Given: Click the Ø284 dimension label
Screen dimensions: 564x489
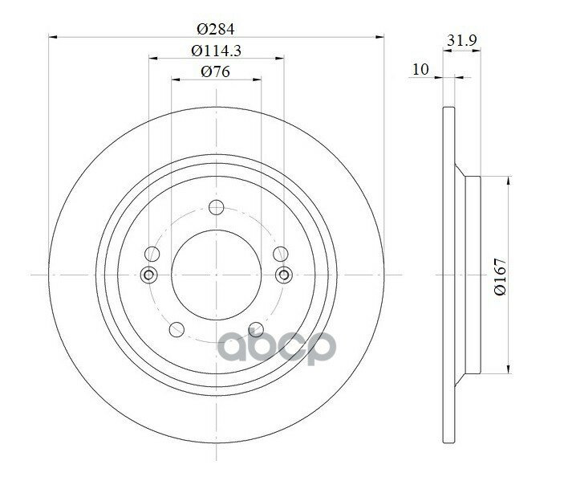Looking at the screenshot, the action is click(x=216, y=29).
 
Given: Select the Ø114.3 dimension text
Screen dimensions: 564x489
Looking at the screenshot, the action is click(x=216, y=51).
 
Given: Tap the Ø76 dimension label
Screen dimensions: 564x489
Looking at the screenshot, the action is click(x=216, y=71).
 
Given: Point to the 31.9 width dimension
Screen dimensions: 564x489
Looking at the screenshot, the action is click(x=462, y=40).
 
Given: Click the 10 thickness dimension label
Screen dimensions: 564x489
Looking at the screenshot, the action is click(x=420, y=69).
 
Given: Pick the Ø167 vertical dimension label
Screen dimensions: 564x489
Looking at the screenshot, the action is click(x=501, y=276).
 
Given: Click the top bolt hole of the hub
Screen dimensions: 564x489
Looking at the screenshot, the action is click(x=217, y=207).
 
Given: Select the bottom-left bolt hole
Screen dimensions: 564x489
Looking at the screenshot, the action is click(x=177, y=329).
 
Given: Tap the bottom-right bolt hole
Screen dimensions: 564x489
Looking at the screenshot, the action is click(x=256, y=329).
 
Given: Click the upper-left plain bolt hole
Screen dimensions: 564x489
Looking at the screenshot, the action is click(x=152, y=255).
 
